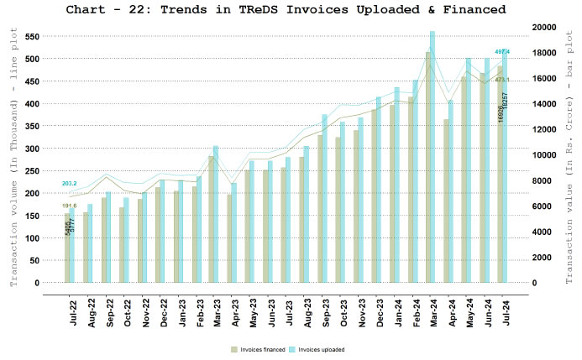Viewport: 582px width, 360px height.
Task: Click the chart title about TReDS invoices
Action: click(291, 9)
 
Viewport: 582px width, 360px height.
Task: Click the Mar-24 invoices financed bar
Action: click(427, 168)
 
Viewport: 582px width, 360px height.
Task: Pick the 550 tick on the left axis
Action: click(34, 37)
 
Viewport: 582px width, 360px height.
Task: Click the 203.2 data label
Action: click(69, 183)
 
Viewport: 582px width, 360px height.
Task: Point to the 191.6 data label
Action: click(69, 206)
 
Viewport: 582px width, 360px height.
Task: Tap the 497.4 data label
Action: click(503, 52)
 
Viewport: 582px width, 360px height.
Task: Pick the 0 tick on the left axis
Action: click(38, 283)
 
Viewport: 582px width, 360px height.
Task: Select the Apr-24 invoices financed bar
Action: click(446, 201)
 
